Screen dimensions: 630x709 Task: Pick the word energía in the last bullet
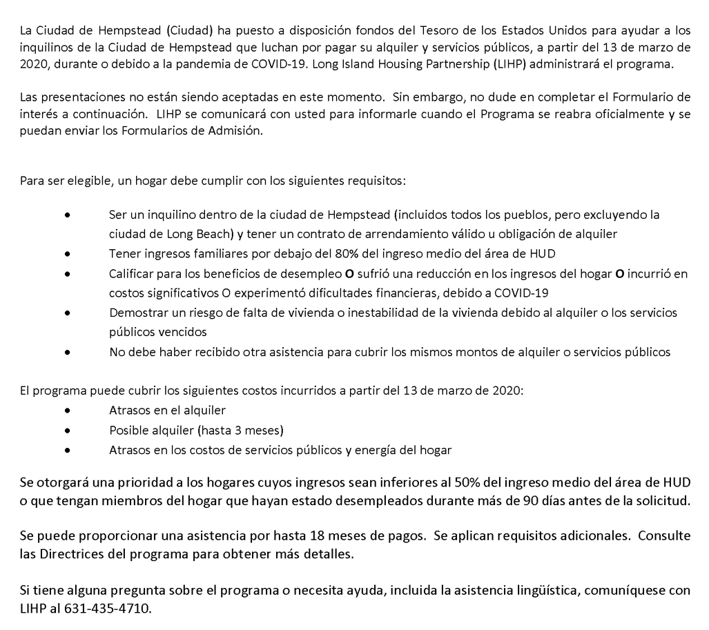(x=374, y=450)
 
